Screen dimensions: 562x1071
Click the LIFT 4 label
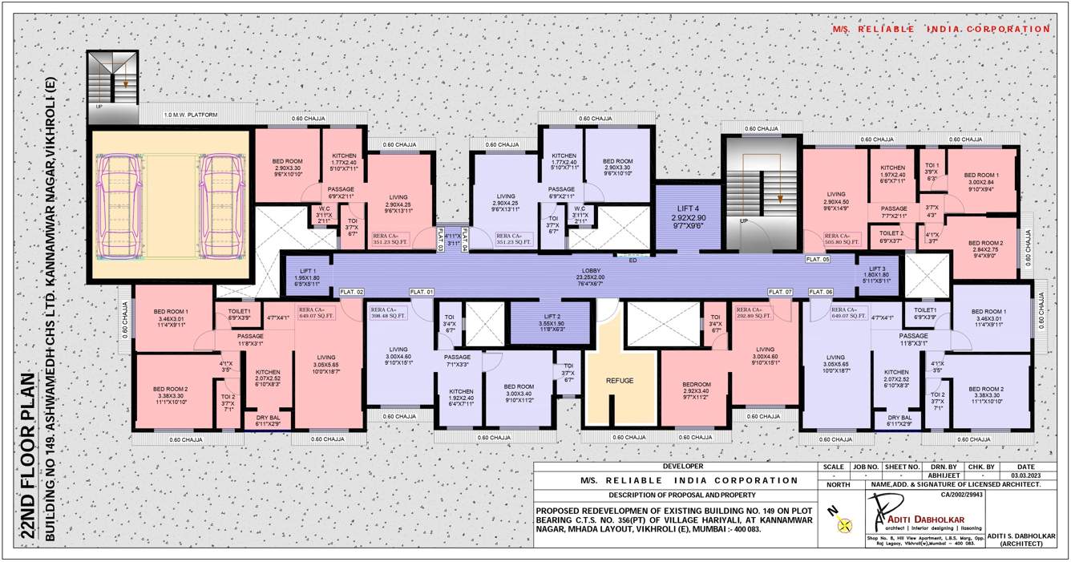pyautogui.click(x=688, y=212)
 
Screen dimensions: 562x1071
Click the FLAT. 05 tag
pyautogui.click(x=818, y=260)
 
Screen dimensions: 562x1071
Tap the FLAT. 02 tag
pyautogui.click(x=352, y=292)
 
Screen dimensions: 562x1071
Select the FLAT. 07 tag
pyautogui.click(x=780, y=292)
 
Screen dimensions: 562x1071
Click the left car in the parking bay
pyautogui.click(x=118, y=205)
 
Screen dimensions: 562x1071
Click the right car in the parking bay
pyautogui.click(x=219, y=205)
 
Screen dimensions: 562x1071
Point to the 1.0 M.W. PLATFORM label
pyautogui.click(x=191, y=115)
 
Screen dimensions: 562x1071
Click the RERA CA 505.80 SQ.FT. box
pyautogui.click(x=842, y=238)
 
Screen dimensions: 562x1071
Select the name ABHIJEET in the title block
pyautogui.click(x=940, y=475)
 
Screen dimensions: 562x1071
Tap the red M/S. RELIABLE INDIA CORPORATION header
pyautogui.click(x=940, y=29)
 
